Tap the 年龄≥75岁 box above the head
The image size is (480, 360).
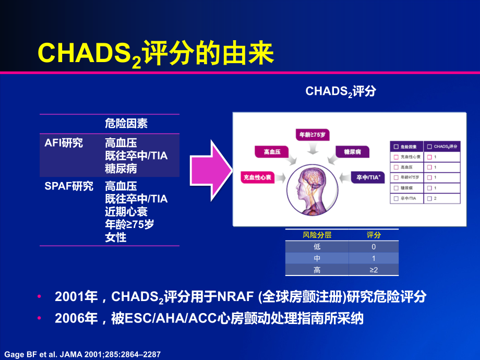point(313,135)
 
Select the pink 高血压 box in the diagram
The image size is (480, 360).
point(272,151)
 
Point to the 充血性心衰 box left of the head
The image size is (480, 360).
point(258,177)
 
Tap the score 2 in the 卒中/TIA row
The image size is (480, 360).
point(435,198)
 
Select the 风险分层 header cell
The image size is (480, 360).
point(317,235)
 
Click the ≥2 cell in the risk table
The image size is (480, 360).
point(373,270)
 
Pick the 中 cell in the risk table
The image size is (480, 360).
point(317,258)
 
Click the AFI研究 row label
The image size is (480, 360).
point(64,142)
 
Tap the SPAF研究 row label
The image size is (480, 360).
point(69,186)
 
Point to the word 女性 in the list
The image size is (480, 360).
point(115,237)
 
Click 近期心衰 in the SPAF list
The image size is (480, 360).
point(126,211)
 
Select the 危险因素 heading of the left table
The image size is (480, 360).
point(126,124)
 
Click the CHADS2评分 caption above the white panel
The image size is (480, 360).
point(340,91)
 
